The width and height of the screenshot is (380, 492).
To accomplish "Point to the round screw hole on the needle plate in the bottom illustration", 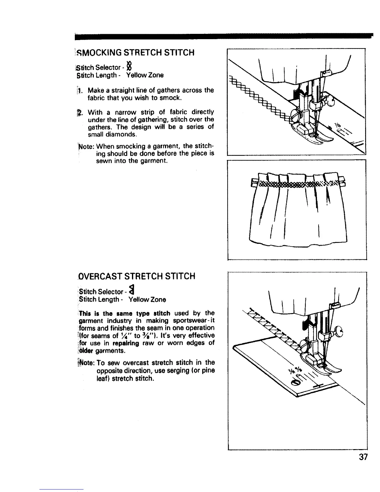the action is pos(296,383).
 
